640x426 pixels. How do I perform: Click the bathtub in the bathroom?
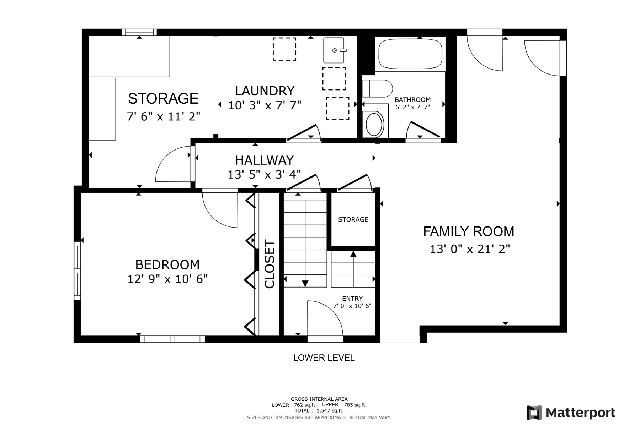click(x=410, y=54)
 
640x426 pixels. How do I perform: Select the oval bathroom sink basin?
click(x=374, y=125)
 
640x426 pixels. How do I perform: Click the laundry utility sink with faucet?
click(x=334, y=50)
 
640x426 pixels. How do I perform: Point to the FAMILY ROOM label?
click(x=469, y=231)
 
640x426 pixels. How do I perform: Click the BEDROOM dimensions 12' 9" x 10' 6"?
click(x=167, y=279)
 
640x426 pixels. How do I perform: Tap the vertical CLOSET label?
click(x=270, y=264)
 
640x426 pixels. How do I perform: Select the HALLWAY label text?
click(x=264, y=160)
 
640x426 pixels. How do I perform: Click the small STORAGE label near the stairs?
click(x=353, y=219)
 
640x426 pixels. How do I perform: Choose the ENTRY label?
click(x=352, y=299)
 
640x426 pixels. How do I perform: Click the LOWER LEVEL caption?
click(x=324, y=357)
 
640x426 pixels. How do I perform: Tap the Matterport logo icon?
click(x=534, y=413)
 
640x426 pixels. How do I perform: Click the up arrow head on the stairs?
click(x=353, y=254)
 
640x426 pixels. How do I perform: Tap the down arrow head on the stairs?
click(x=305, y=283)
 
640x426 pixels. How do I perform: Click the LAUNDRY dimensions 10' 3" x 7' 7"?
click(x=265, y=105)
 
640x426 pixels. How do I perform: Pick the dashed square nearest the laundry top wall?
click(x=284, y=49)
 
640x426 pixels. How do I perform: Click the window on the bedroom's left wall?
click(x=77, y=271)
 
